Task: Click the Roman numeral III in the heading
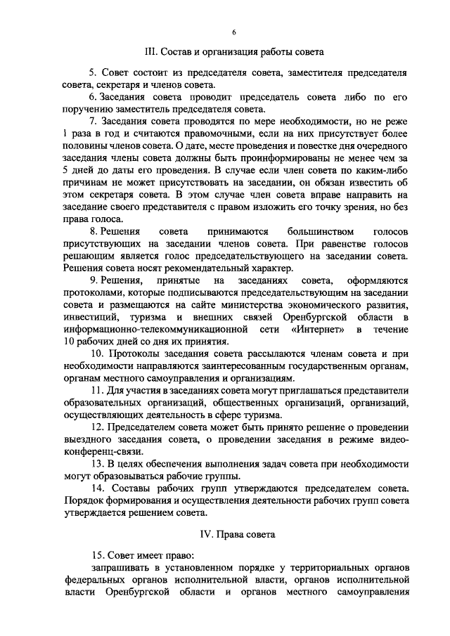tap(148, 52)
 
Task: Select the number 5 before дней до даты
tap(65, 170)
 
